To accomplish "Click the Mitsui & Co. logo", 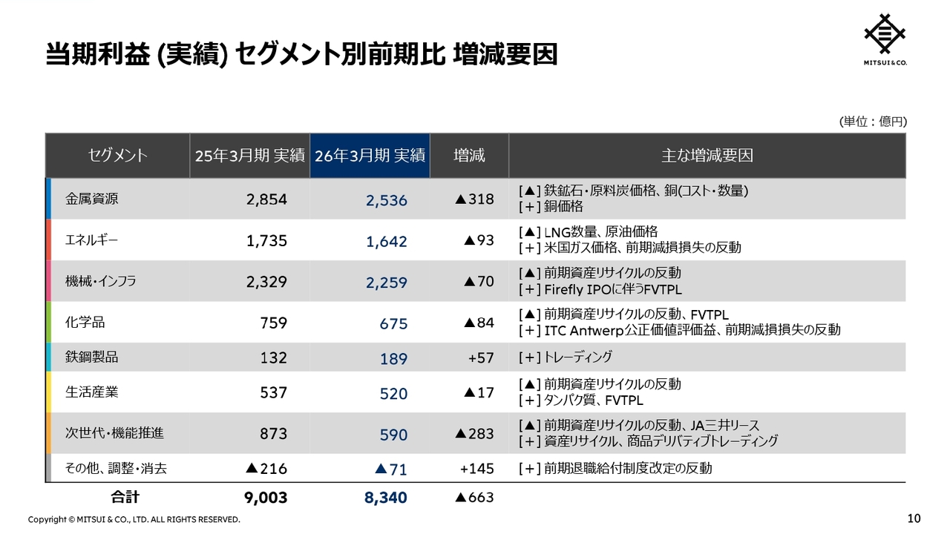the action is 885,39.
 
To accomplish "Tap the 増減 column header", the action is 469,156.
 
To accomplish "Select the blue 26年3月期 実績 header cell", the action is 370,156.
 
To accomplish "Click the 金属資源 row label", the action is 91,199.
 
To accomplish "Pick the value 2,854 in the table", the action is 266,200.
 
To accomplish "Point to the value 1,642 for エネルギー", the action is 387,242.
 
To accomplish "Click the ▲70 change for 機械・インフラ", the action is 479,281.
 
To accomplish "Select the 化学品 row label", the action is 85,323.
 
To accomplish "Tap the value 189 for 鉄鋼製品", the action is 393,359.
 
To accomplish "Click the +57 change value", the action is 481,358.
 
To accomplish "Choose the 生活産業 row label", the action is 91,392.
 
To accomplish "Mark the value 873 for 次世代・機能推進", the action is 274,434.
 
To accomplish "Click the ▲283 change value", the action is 474,434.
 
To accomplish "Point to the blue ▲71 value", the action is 391,469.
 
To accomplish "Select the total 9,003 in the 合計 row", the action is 266,498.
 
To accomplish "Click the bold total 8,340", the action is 385,498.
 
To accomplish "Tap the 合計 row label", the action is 125,497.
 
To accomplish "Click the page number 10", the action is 914,518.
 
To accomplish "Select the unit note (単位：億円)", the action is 873,122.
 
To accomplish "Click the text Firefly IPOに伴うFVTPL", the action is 613,290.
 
